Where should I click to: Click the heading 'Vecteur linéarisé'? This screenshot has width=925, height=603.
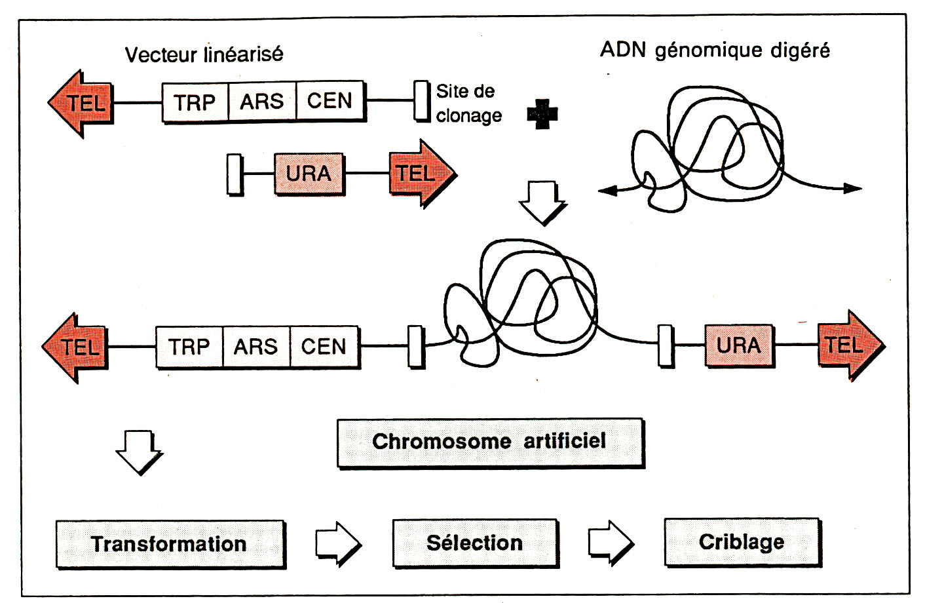point(204,54)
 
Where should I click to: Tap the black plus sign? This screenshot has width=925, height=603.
point(542,114)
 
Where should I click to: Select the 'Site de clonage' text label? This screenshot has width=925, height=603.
point(468,103)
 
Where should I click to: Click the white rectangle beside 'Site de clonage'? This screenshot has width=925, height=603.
point(422,101)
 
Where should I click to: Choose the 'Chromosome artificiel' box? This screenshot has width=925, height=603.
point(490,442)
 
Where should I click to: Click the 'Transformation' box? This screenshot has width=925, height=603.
point(170,543)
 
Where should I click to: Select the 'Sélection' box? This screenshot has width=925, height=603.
point(475,543)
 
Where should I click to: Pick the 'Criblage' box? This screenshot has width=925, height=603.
point(742,541)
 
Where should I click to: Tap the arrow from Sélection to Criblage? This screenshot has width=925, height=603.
point(611,542)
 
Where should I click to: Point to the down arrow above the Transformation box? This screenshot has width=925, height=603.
point(139,451)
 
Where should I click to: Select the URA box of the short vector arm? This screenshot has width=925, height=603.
point(309,174)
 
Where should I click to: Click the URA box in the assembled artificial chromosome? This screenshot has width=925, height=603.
point(739,345)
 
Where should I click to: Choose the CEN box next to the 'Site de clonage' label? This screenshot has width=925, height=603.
point(330,101)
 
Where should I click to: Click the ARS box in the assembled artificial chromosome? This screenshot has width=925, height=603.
point(256,346)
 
